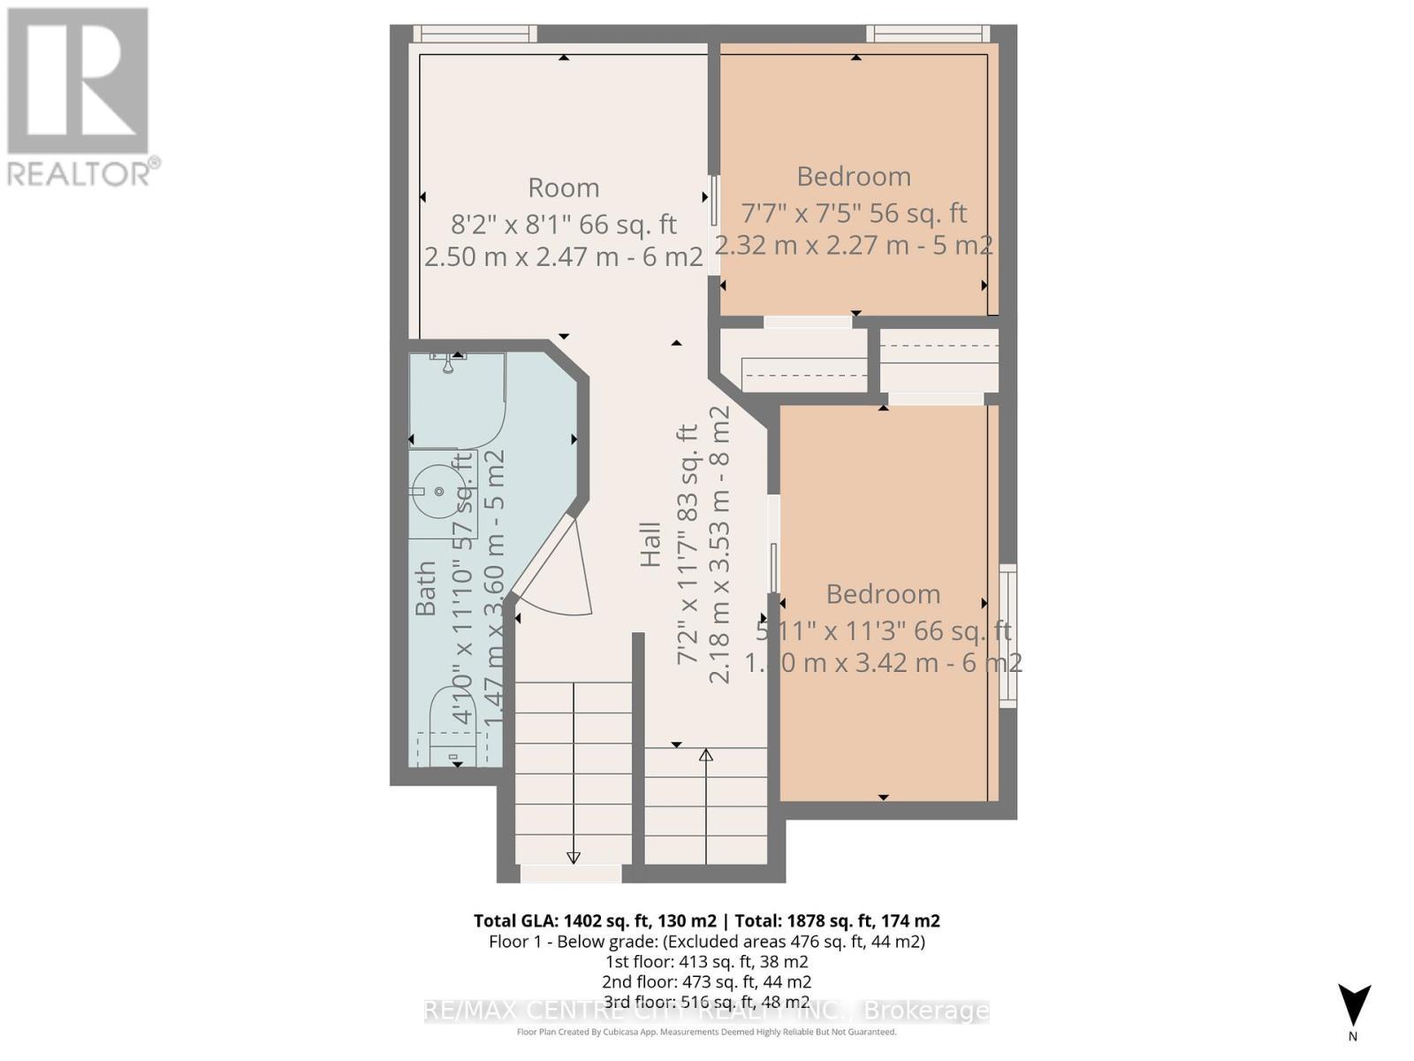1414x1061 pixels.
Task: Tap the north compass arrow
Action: (1353, 1004)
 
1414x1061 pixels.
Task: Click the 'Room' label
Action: (563, 187)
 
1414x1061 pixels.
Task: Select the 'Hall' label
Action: (650, 544)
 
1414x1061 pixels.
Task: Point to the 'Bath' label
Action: (426, 588)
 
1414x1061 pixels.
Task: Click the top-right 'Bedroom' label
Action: (853, 176)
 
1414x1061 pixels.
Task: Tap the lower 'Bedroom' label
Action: (882, 593)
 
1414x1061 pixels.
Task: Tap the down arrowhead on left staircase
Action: (573, 857)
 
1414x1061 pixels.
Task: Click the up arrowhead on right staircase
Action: (705, 755)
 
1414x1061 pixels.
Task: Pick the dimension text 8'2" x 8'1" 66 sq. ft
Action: (563, 224)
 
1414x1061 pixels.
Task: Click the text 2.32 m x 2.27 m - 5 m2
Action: (853, 246)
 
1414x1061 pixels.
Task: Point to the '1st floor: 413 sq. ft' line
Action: (706, 961)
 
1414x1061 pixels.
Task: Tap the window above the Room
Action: (475, 34)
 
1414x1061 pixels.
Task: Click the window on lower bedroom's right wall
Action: (1007, 635)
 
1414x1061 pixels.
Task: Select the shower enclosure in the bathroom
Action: (455, 402)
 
